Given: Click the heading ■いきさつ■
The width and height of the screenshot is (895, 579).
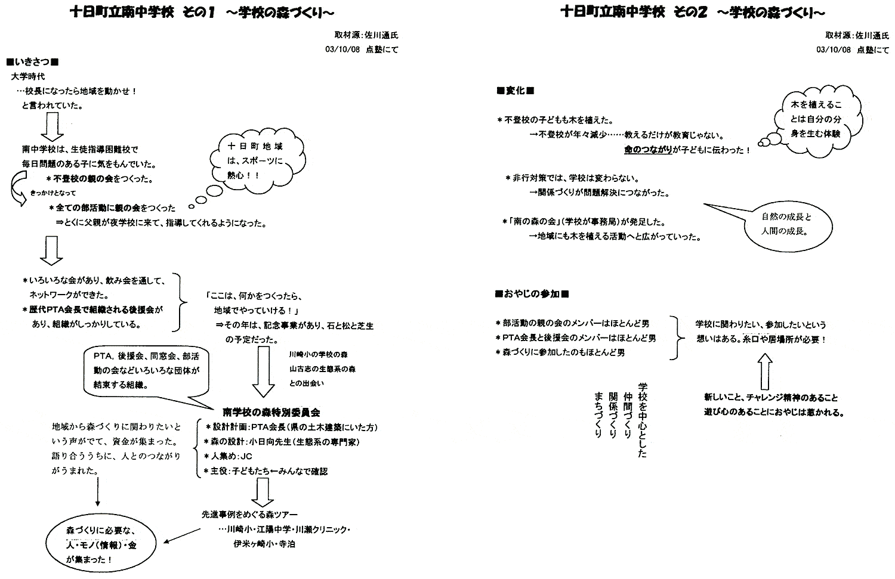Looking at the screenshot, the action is (x=33, y=62).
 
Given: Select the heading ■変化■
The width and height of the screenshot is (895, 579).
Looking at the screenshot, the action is (x=515, y=91).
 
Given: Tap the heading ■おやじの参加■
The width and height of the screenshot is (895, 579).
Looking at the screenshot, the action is (x=532, y=295).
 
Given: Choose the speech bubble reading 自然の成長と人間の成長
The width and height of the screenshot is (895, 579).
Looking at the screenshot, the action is (x=788, y=227).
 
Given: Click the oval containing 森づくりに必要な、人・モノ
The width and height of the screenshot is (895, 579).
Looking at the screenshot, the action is (x=101, y=546).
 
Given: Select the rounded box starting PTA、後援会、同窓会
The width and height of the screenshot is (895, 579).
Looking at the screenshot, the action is (x=146, y=371).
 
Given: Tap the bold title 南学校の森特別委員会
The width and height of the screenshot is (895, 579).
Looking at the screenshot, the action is (x=271, y=412).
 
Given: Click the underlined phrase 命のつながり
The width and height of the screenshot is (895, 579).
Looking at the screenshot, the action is (x=648, y=150).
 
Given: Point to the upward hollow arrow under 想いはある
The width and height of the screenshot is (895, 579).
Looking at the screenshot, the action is (x=765, y=371).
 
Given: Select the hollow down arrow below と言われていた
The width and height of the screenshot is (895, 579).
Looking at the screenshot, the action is (x=53, y=126).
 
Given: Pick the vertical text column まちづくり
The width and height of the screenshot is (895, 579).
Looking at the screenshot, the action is (x=598, y=414).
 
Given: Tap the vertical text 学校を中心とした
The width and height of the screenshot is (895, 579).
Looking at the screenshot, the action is (x=643, y=420).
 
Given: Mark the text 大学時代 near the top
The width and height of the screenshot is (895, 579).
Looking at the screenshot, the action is (x=28, y=77).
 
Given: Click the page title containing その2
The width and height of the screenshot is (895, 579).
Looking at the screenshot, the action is (x=693, y=13).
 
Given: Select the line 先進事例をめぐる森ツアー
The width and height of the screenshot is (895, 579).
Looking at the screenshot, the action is (x=249, y=515).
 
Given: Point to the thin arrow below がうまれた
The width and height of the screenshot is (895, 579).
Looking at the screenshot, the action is (x=97, y=491).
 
